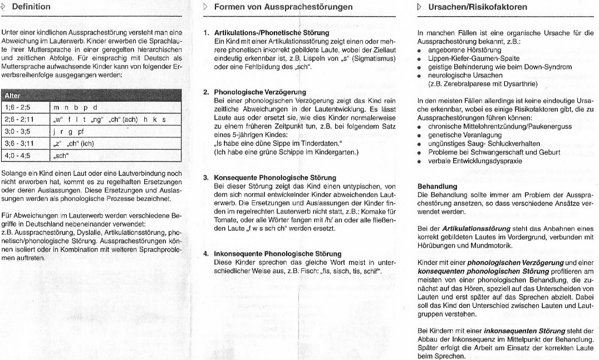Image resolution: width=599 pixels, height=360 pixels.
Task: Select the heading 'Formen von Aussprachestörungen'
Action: click(x=283, y=7)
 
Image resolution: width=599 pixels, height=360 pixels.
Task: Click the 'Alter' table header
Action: click(x=12, y=96)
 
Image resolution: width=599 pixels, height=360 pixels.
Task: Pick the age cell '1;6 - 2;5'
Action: click(x=18, y=108)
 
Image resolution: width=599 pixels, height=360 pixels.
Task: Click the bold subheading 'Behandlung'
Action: click(x=438, y=186)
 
